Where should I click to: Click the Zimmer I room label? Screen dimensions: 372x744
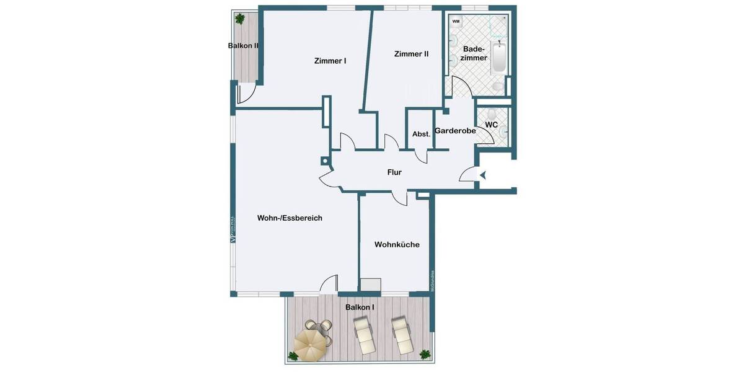tap(330, 61)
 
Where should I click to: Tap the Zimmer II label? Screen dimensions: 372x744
tap(411, 54)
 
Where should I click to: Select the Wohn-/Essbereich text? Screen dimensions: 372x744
tap(290, 218)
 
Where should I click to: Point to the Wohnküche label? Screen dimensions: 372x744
tap(397, 244)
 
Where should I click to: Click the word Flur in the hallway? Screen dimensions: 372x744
tap(394, 172)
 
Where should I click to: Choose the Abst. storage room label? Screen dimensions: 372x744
tap(422, 134)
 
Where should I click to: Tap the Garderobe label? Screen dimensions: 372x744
tap(455, 131)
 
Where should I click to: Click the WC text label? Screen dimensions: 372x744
tap(492, 125)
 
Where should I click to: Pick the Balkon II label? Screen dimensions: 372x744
tap(243, 45)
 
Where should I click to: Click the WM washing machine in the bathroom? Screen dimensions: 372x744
tap(456, 22)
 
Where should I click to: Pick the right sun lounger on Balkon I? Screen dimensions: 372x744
tap(401, 335)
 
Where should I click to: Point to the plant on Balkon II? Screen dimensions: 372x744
tap(239, 19)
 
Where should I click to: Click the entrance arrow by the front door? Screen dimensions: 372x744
tap(482, 176)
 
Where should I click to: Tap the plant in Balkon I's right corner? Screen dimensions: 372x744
tap(425, 355)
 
